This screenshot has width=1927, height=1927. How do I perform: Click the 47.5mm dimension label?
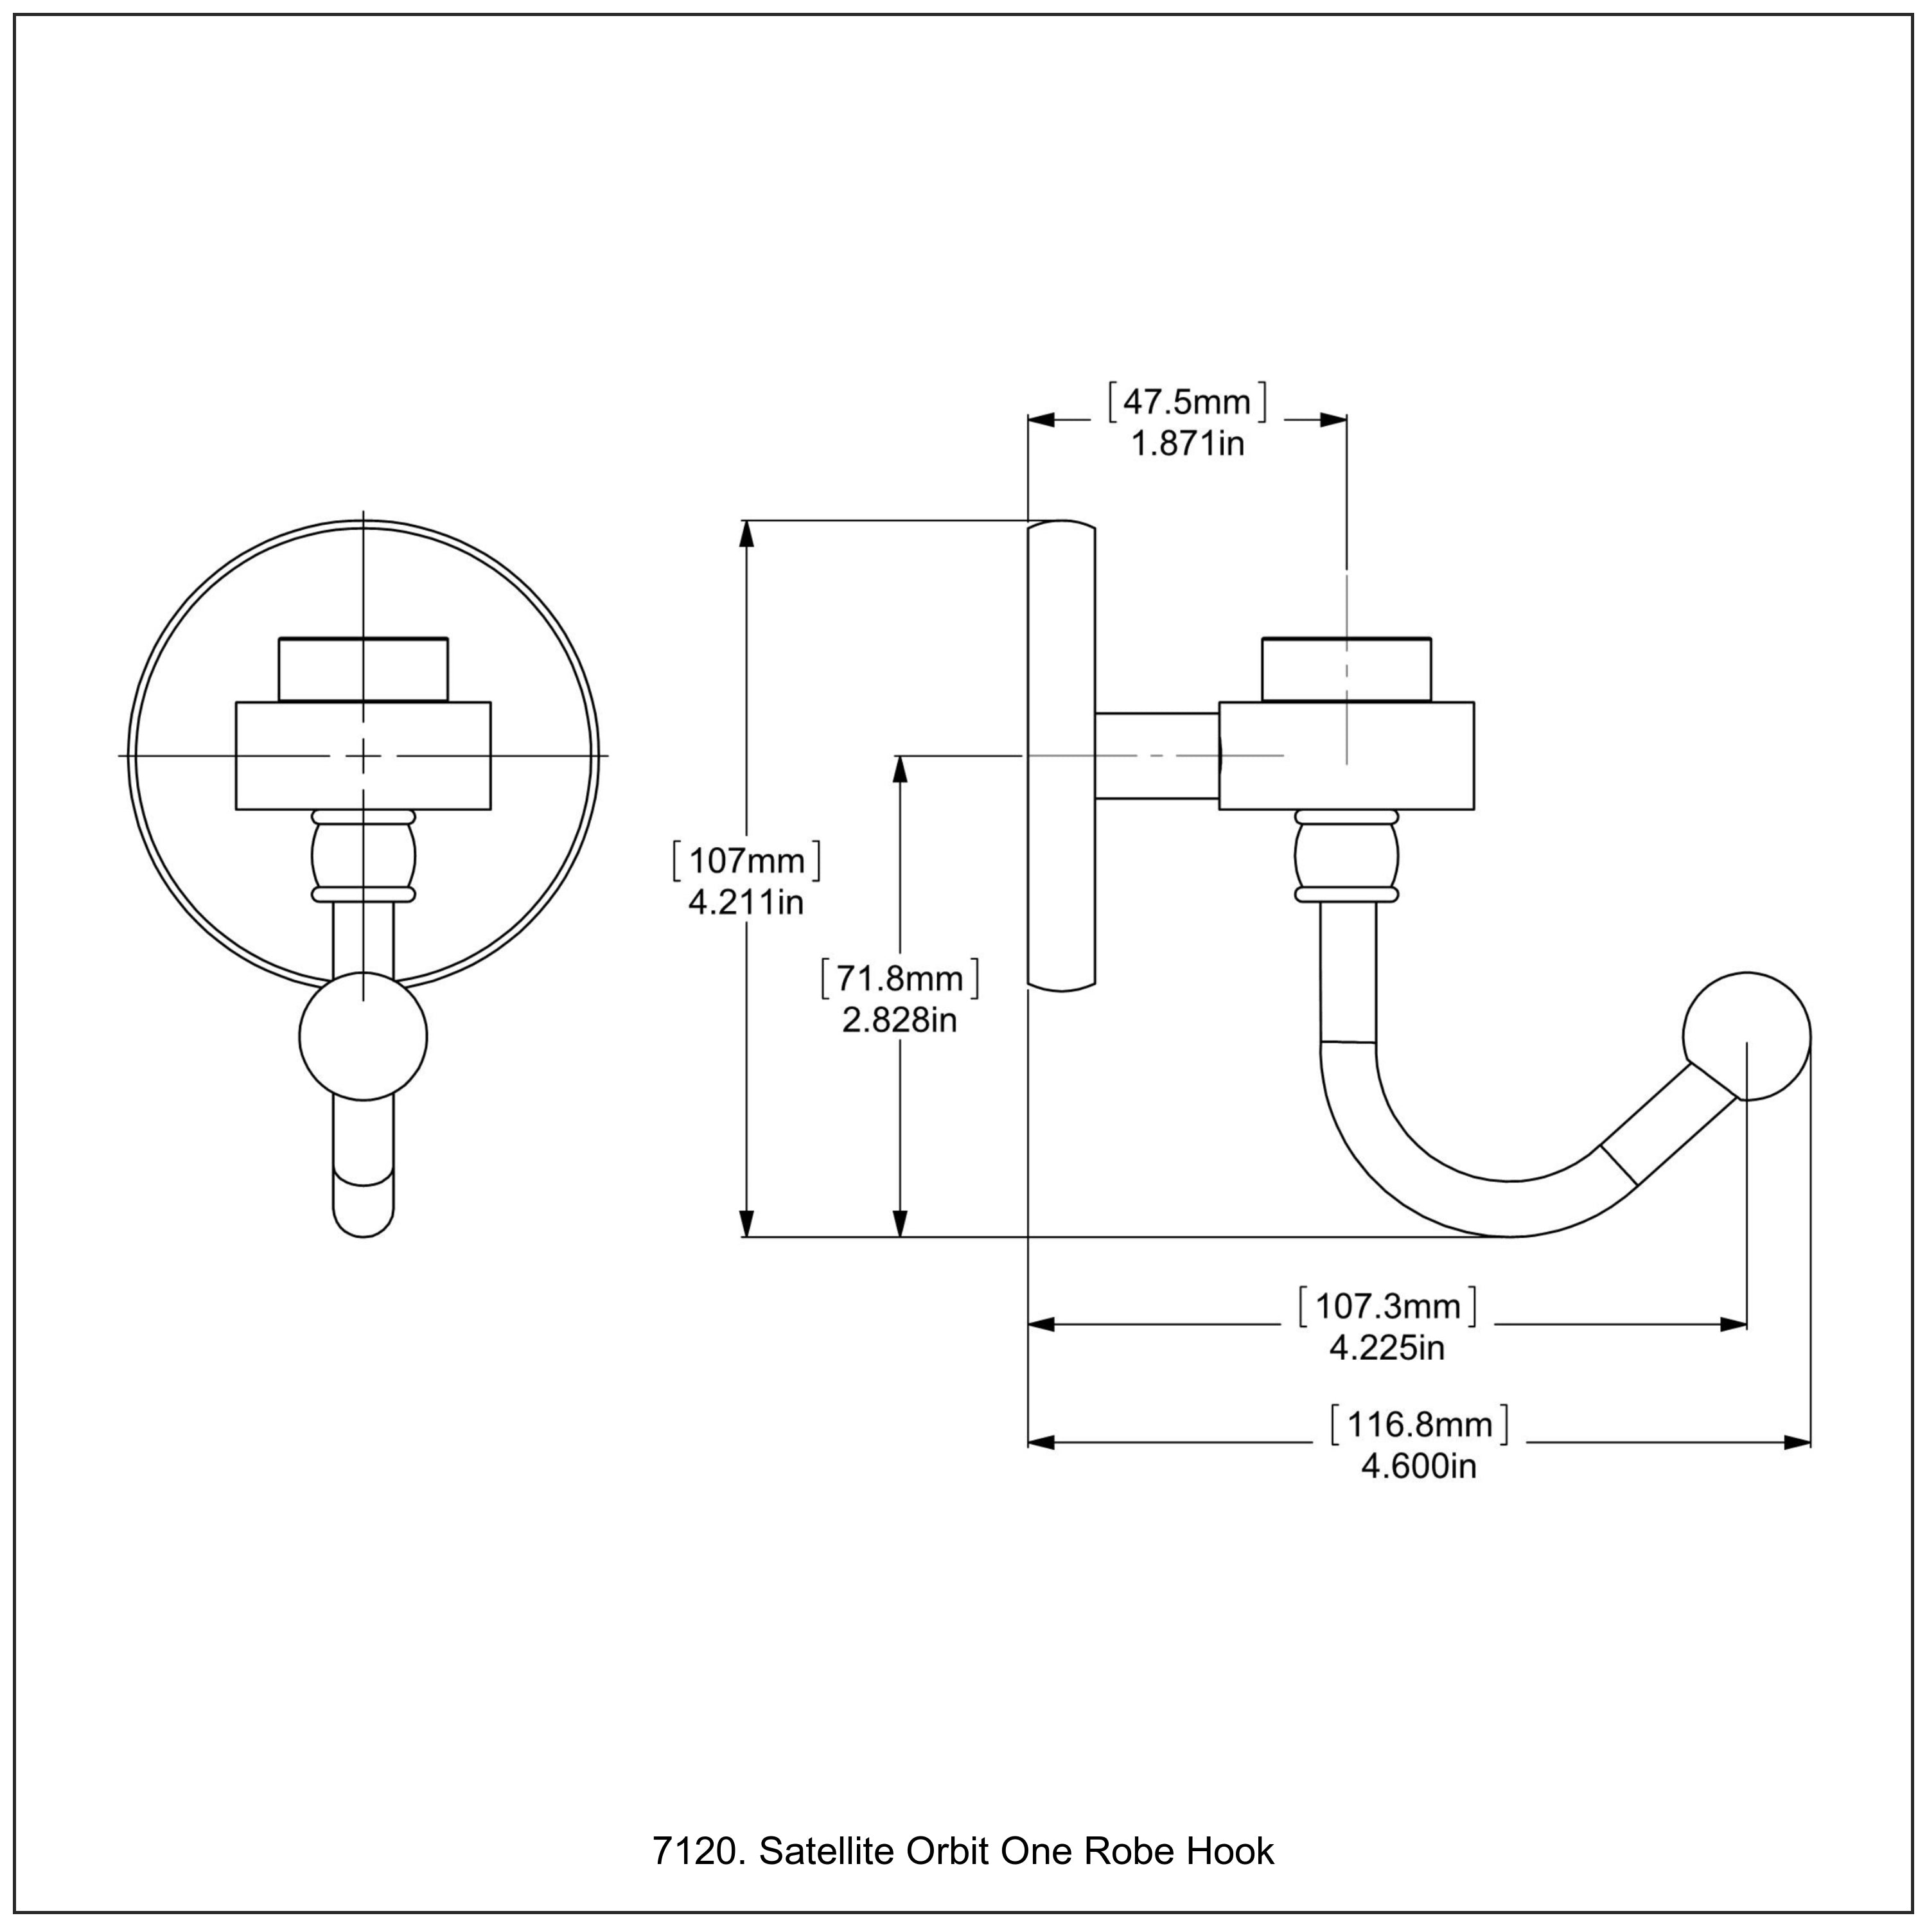click(1187, 402)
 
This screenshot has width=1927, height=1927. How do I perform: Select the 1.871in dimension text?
click(1187, 444)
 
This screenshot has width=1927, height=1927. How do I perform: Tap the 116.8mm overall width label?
click(1420, 1424)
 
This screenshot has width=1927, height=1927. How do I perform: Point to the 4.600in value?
click(1420, 1466)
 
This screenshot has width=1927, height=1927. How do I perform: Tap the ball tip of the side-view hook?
click(1747, 1036)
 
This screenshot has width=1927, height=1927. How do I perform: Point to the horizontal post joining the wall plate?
click(1157, 756)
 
